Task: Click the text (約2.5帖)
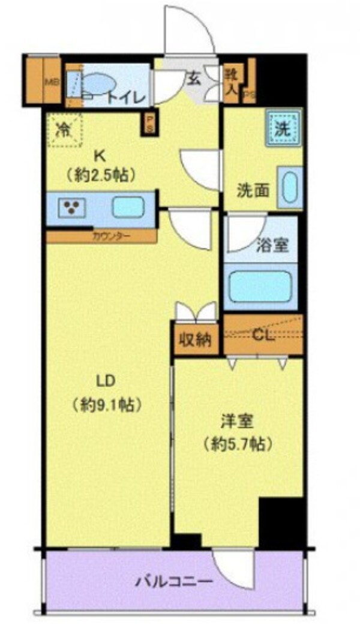(100, 175)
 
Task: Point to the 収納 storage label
(194, 340)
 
